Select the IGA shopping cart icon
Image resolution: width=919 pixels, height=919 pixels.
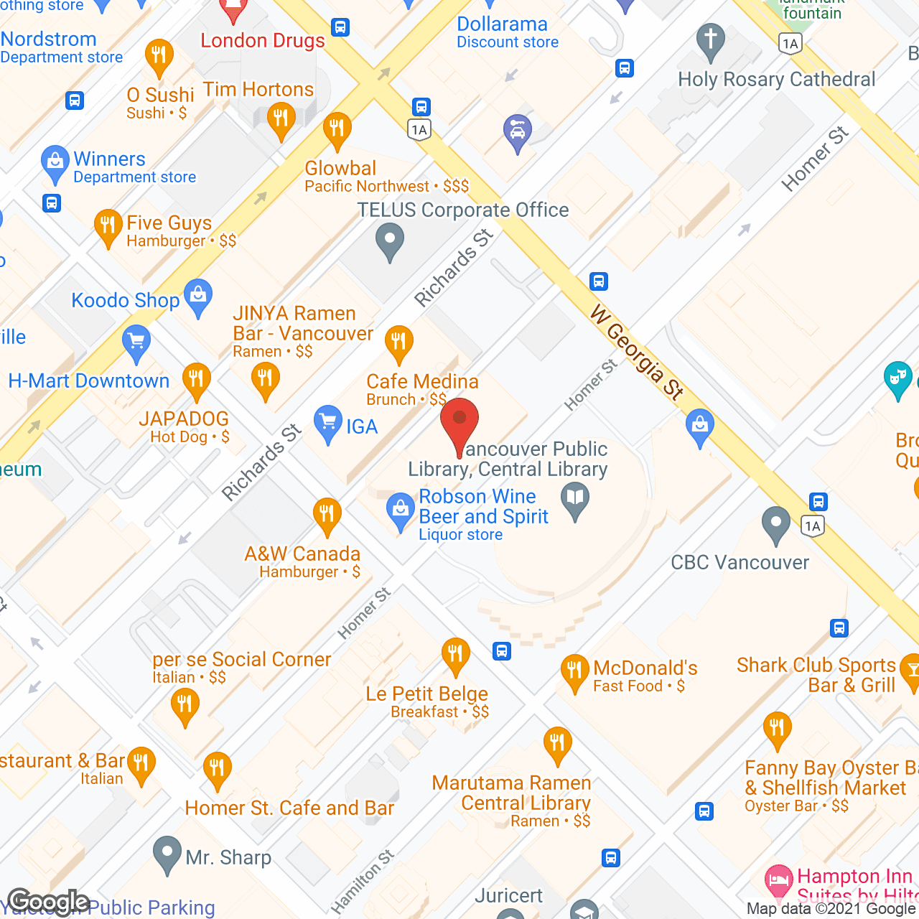[x=328, y=424]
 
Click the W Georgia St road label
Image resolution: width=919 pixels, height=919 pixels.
[x=636, y=352]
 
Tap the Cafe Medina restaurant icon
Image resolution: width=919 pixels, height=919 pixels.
[x=398, y=343]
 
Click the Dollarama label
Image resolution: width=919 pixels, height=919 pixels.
[x=502, y=24]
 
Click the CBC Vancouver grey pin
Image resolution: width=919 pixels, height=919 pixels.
[x=775, y=524]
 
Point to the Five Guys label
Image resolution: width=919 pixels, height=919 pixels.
[x=169, y=223]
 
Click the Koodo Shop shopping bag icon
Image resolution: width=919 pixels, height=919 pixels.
[x=198, y=297]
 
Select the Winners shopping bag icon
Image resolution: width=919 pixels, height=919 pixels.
[x=55, y=163]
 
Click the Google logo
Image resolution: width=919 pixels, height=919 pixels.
[x=49, y=902]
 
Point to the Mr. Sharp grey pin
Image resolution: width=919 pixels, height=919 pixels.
[x=167, y=854]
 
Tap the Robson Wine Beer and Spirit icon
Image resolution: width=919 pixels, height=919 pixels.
[x=400, y=510]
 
